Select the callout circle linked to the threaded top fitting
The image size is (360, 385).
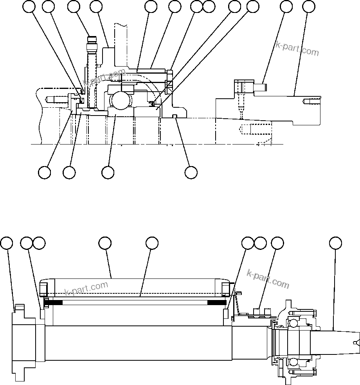(74, 7)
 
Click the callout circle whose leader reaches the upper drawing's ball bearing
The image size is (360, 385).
(108, 172)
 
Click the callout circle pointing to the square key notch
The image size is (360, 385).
(191, 172)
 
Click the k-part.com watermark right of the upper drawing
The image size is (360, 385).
(297, 49)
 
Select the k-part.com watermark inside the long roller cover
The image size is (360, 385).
(86, 289)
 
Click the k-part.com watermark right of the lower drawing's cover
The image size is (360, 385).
(268, 279)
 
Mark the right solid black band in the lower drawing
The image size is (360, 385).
(216, 302)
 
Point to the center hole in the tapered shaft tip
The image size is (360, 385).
(355, 343)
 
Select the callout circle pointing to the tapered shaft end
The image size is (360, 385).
(335, 243)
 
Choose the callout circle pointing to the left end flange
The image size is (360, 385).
(6, 243)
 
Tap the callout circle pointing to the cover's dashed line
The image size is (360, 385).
(152, 243)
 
